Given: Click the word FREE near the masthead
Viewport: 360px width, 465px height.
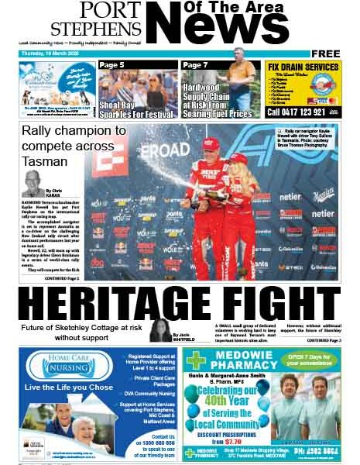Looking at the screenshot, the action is (326, 53).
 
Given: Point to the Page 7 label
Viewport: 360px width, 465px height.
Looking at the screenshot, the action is (196, 65).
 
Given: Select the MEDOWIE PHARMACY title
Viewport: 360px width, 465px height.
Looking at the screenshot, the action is (241, 357).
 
